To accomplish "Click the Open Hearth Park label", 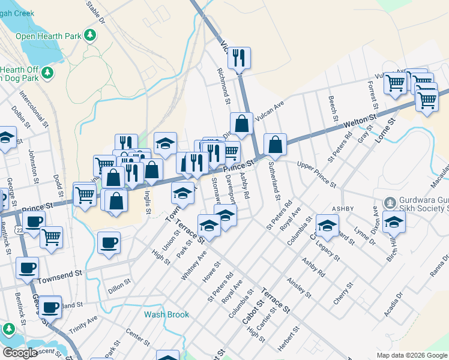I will tap(48, 36).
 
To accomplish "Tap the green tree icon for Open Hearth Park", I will tap(91, 35).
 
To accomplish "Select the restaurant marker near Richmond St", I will tap(239, 58).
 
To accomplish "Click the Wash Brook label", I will tap(166, 314).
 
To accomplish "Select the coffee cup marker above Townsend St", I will tap(109, 243).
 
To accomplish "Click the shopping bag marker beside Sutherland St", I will tap(274, 145).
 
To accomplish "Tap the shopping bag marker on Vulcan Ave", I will tap(241, 124).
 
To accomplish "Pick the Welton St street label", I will tap(360, 122).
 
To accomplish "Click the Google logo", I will tap(19, 353).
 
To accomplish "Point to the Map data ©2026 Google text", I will tap(412, 355).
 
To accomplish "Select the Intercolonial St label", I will tap(33, 110).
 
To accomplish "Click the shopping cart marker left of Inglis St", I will tap(104, 164).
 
